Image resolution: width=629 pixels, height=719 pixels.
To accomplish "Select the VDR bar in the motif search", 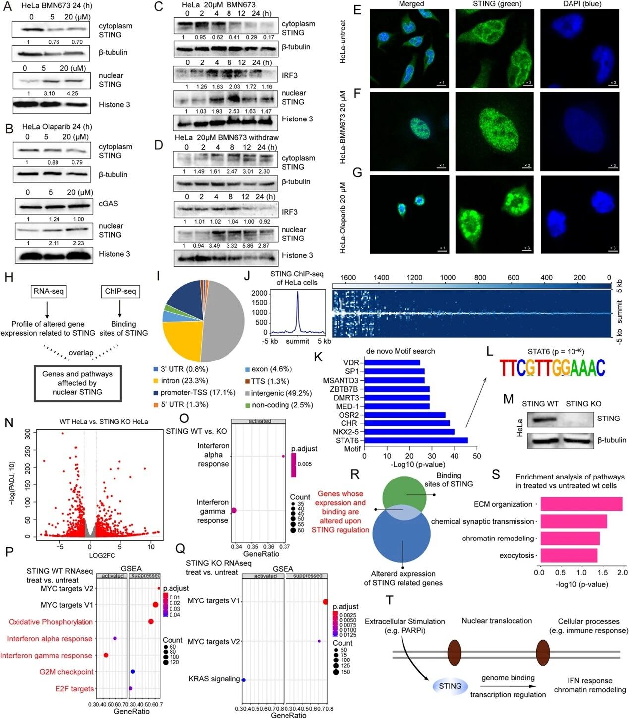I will [x=392, y=363].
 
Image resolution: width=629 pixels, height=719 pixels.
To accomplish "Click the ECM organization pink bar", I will [x=581, y=504].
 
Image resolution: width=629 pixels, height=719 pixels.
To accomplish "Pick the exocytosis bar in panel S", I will [x=569, y=555].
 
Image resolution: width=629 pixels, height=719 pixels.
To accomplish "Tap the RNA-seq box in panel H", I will [x=48, y=291].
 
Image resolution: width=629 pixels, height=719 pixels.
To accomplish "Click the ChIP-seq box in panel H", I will [x=120, y=291].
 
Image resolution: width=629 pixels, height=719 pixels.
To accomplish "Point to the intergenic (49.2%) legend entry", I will [x=278, y=393].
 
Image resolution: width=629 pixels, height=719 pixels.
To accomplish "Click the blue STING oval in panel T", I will [x=450, y=686].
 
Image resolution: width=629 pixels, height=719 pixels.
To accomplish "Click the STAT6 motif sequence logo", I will [x=552, y=368].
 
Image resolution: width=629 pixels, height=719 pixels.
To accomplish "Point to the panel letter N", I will [x=9, y=423].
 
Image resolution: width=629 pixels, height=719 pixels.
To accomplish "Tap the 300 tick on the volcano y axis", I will [x=28, y=433].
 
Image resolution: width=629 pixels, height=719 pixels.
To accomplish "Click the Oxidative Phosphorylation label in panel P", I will [x=51, y=622].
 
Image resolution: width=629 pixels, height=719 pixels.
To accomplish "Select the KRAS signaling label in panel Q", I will [x=214, y=679].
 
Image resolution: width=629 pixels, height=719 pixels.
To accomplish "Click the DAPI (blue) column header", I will [x=578, y=4].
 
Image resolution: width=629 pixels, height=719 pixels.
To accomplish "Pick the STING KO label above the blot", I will [x=583, y=404].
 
